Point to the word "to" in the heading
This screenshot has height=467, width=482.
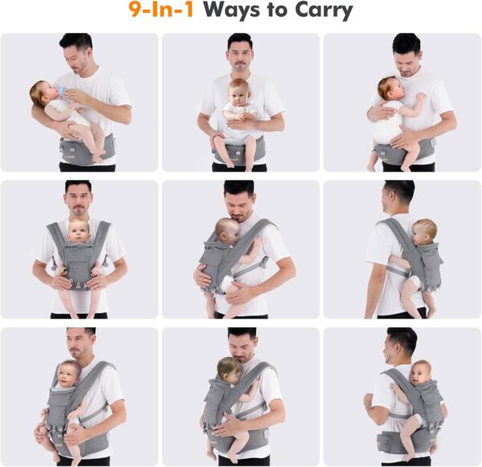point(270,12)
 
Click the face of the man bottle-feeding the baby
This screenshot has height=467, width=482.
point(77,56)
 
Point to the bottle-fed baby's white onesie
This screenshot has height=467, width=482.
point(72,111)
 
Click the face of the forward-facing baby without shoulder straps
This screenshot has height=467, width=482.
point(238,91)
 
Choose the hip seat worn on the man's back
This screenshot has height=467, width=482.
point(398,441)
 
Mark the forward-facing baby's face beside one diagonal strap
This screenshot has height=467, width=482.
point(71,375)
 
